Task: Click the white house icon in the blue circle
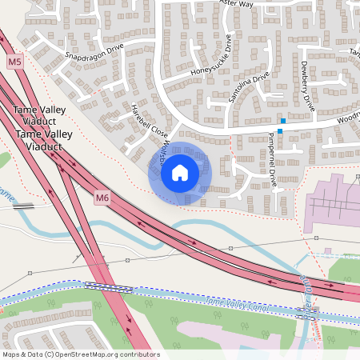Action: pyautogui.click(x=180, y=173)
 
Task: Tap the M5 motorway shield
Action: pyautogui.click(x=14, y=62)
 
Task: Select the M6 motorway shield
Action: pyautogui.click(x=101, y=197)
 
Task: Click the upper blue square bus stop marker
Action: pyautogui.click(x=282, y=120)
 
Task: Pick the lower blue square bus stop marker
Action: pyautogui.click(x=280, y=130)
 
